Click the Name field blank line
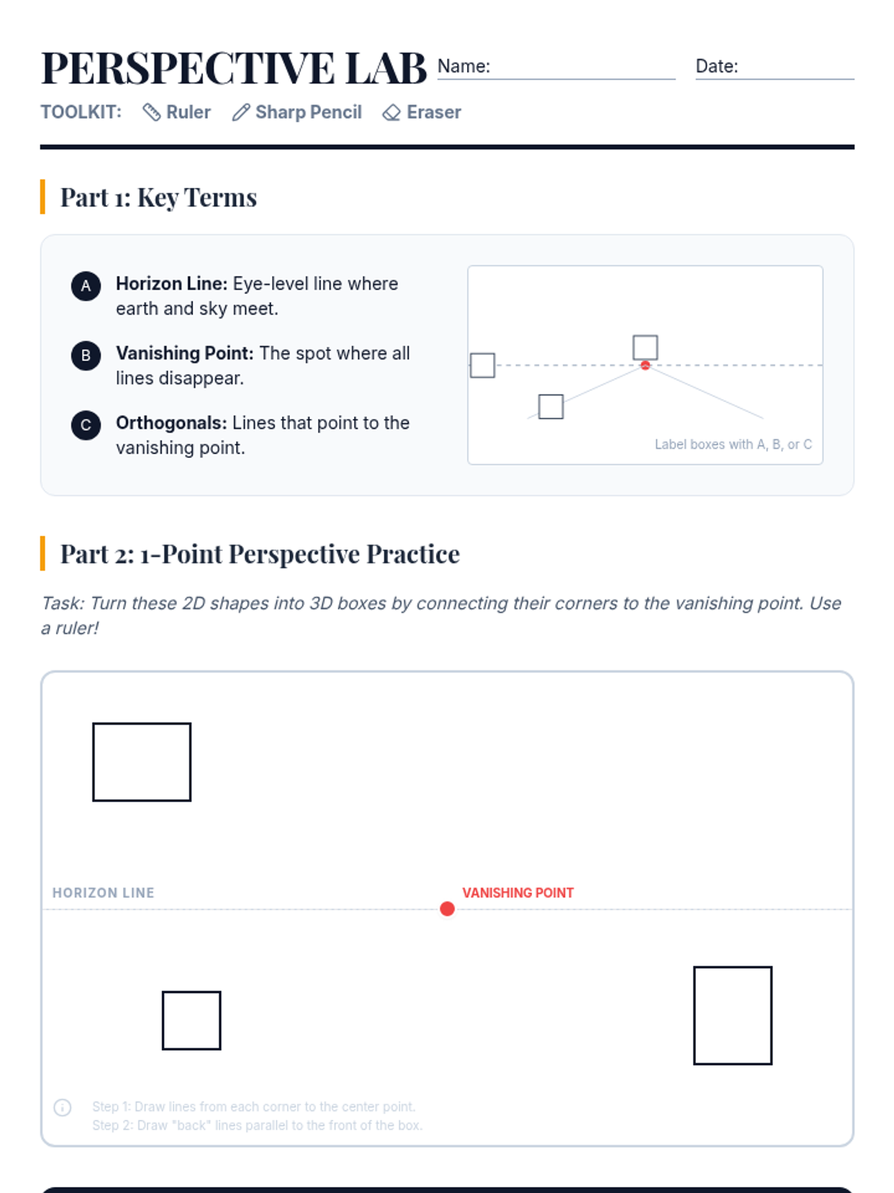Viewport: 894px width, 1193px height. [x=557, y=79]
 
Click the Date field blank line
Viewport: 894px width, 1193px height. [x=775, y=79]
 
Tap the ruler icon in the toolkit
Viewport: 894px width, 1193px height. [x=151, y=113]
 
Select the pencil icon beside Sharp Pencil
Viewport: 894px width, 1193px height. [x=241, y=113]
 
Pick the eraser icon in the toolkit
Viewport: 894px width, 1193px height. [x=391, y=113]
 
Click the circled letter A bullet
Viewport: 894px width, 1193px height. [x=86, y=286]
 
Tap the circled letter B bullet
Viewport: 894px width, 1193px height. [x=86, y=356]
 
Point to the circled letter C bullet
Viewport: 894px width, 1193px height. [x=86, y=425]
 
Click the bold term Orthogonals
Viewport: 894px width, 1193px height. [x=171, y=423]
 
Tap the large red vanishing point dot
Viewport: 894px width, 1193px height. [x=447, y=909]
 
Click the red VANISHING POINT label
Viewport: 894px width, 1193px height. [x=518, y=893]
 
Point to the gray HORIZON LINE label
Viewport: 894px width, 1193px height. [x=103, y=893]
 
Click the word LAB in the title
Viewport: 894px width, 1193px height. [x=386, y=69]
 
